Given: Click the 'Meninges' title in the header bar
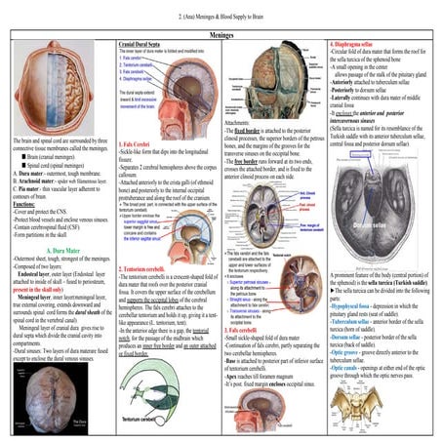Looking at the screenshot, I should coord(221,31).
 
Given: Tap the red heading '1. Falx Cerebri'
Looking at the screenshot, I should coord(134,144).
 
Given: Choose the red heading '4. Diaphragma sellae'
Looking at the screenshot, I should coord(357,44).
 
